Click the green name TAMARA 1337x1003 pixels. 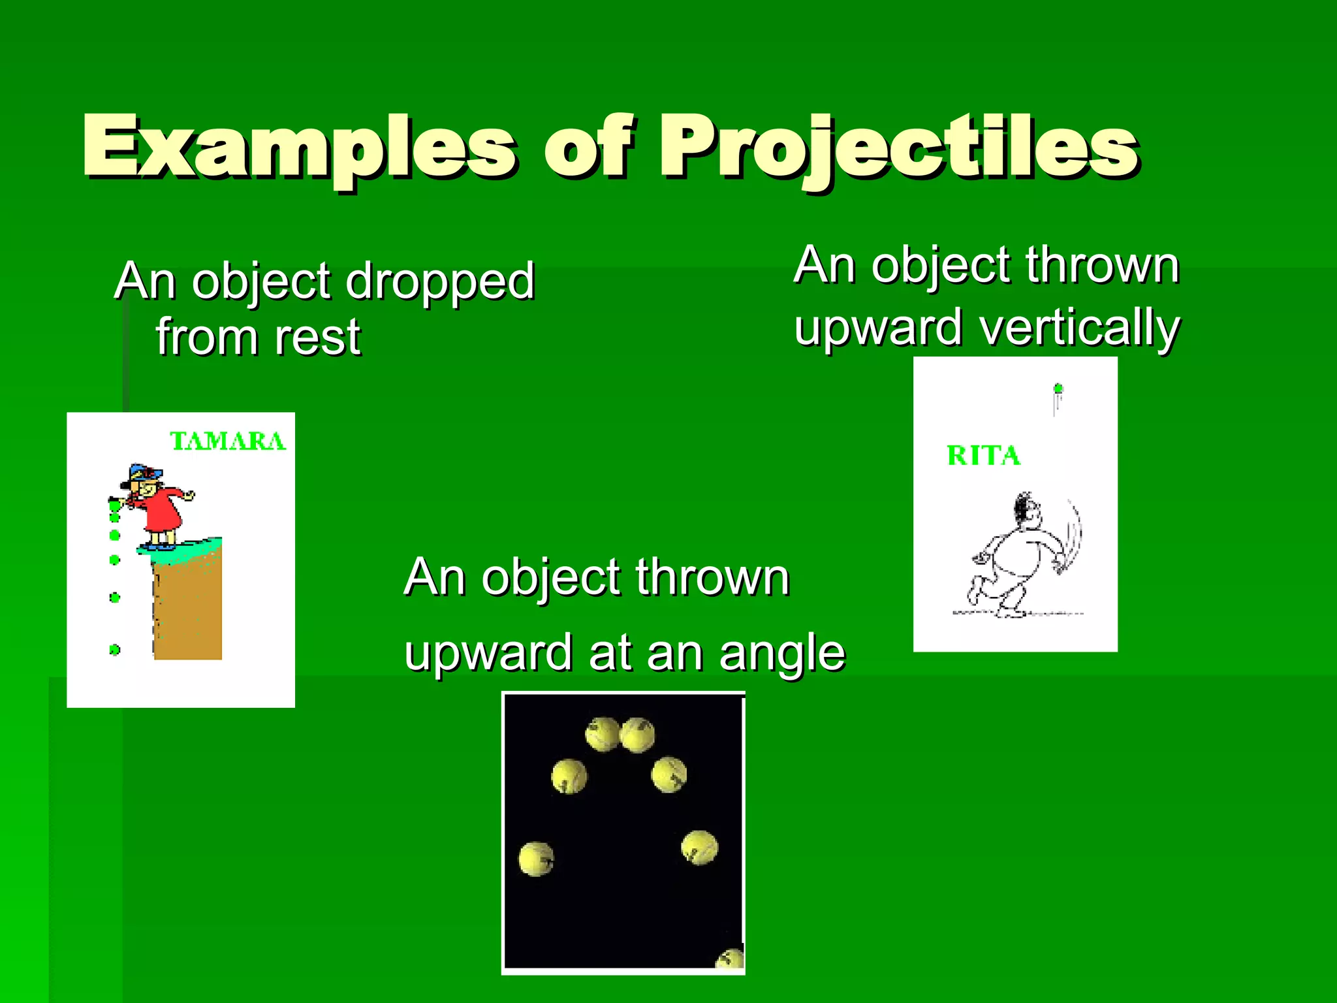[x=228, y=441]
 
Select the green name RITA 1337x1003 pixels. [x=983, y=455]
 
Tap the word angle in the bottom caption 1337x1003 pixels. [x=782, y=654]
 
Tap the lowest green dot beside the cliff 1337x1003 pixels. [x=115, y=650]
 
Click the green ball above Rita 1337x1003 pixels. [x=1058, y=389]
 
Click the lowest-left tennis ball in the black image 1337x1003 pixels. [x=537, y=859]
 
